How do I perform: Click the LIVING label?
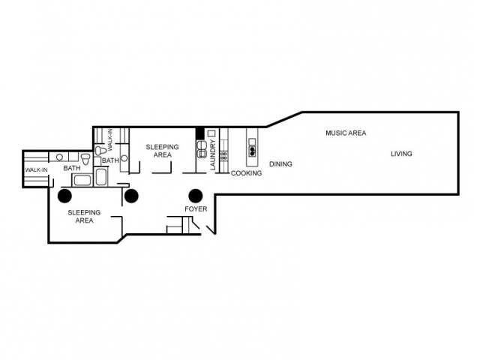(x=401, y=154)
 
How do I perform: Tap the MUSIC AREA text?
(x=346, y=133)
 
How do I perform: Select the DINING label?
(x=280, y=163)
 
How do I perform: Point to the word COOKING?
(x=247, y=173)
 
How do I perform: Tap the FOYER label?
(x=196, y=209)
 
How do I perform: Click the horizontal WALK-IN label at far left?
(x=36, y=170)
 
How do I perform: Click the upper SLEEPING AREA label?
(x=162, y=151)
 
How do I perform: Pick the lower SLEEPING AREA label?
(x=85, y=216)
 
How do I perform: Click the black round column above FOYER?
(x=196, y=195)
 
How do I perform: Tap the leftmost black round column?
(x=65, y=196)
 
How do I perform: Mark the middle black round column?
(x=131, y=196)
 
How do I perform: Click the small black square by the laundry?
(x=200, y=133)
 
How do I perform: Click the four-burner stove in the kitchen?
(x=223, y=156)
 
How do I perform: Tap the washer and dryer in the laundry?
(x=201, y=148)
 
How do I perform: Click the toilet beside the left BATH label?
(x=85, y=159)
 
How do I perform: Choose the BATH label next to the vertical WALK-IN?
(x=110, y=160)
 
